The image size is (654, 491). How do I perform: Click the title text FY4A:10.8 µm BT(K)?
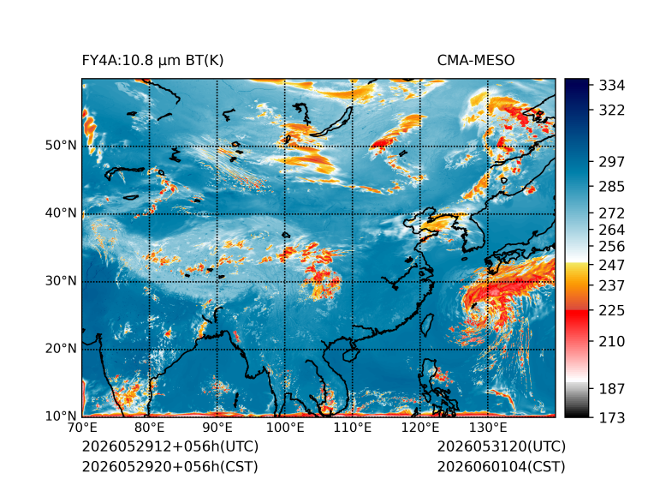(152, 61)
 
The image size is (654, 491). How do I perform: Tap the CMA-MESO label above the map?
(476, 61)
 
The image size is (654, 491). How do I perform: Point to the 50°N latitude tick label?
(61, 146)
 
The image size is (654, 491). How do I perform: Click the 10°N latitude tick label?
(61, 416)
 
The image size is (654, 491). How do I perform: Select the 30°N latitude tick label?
(61, 280)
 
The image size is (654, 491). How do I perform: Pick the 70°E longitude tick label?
(82, 428)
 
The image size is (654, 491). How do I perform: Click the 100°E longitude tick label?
(285, 428)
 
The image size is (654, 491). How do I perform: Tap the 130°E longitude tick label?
(488, 428)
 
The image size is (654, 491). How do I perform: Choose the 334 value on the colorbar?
(612, 86)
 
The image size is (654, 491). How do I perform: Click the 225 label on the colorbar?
(612, 311)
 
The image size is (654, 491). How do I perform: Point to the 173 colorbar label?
(612, 417)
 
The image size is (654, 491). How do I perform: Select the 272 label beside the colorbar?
(612, 213)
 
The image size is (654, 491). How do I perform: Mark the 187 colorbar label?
(612, 389)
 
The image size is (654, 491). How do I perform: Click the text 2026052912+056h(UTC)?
(170, 446)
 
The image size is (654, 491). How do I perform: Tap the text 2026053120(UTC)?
(502, 446)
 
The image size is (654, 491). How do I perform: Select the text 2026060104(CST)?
(502, 467)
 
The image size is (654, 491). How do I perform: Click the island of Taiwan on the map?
(426, 325)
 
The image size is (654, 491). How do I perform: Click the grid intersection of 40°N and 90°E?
(217, 214)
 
